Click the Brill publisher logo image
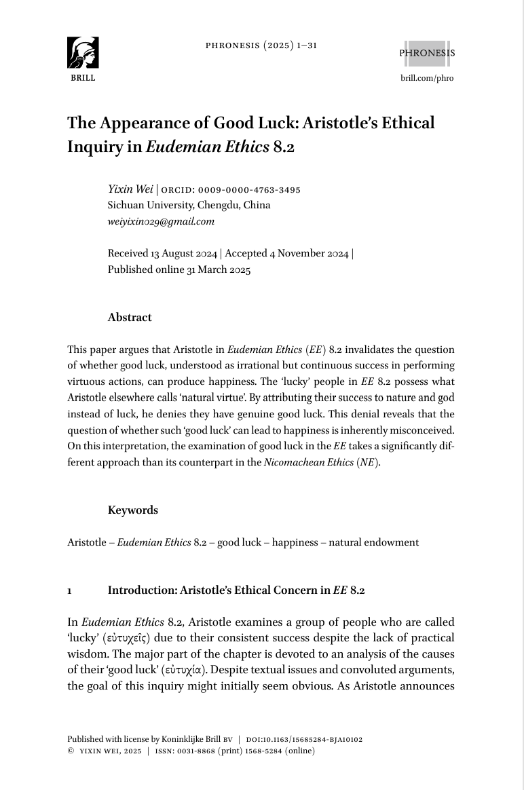pyautogui.click(x=83, y=53)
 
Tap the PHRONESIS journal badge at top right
pyautogui.click(x=427, y=53)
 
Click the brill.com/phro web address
pyautogui.click(x=427, y=78)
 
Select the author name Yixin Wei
pyautogui.click(x=130, y=189)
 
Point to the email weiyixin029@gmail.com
pyautogui.click(x=161, y=221)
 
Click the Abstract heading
pyautogui.click(x=130, y=318)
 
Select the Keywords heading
pyautogui.click(x=132, y=510)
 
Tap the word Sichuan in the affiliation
pyautogui.click(x=126, y=206)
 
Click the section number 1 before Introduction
pyautogui.click(x=69, y=590)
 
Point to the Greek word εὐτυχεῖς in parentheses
pyautogui.click(x=123, y=639)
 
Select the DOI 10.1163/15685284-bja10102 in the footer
pyautogui.click(x=314, y=740)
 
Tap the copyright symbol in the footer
pyautogui.click(x=71, y=751)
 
